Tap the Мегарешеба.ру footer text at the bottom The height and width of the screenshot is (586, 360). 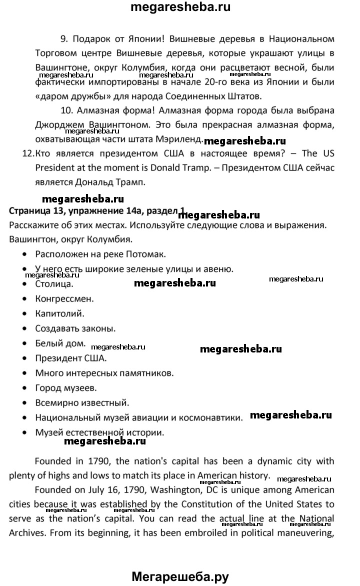tap(180, 577)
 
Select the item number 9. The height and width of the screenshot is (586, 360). tap(63, 38)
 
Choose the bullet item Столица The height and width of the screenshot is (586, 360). tap(54, 284)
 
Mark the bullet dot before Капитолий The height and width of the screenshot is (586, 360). tap(24, 314)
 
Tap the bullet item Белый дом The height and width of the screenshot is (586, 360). tap(60, 343)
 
